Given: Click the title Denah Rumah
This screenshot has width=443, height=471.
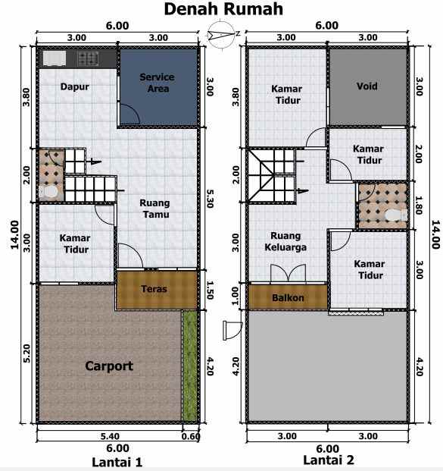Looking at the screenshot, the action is tap(223, 9).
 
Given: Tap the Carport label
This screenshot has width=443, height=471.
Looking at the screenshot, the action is tap(109, 366).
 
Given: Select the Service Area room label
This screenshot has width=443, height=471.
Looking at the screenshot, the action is tap(158, 83).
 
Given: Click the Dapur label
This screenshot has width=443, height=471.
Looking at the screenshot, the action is tap(75, 86).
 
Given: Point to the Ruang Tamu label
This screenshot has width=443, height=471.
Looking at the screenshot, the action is tap(154, 209).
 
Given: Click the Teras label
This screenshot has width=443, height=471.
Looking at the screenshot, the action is tap(154, 289).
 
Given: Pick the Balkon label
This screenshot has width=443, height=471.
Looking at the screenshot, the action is tap(288, 297).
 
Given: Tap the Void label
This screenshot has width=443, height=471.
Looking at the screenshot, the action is tap(367, 86).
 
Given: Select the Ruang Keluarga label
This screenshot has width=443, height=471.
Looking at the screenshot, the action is tap(285, 241).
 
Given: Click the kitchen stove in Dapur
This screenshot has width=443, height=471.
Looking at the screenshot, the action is tap(88, 58).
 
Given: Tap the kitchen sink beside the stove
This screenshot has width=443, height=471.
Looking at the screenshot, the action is tap(55, 58).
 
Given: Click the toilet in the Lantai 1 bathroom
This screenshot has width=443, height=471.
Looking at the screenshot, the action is tap(48, 192).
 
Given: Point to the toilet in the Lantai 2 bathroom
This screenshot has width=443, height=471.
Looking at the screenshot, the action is tap(395, 215).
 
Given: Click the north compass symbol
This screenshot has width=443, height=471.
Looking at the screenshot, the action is tap(221, 33).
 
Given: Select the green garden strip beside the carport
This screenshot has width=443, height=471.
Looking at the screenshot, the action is tap(189, 366).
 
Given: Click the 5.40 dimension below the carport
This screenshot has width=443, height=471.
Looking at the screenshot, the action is tap(110, 436).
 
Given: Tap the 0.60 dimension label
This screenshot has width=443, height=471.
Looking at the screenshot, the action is tap(191, 436).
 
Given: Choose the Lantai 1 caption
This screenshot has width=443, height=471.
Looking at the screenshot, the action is tap(117, 462).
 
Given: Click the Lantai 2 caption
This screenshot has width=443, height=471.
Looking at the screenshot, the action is tap(329, 460).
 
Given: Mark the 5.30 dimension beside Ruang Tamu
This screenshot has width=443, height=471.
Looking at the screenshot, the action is tap(210, 199).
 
